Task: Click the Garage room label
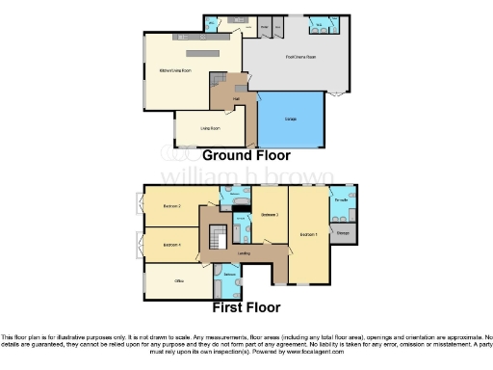pyautogui.click(x=290, y=119)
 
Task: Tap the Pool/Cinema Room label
pyautogui.click(x=300, y=57)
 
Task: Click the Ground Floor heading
pyautogui.click(x=245, y=154)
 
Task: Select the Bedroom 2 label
pyautogui.click(x=172, y=206)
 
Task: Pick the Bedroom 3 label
pyautogui.click(x=270, y=216)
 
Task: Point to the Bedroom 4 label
pyautogui.click(x=172, y=245)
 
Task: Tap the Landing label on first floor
pyautogui.click(x=245, y=254)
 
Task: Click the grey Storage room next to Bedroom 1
pyautogui.click(x=343, y=232)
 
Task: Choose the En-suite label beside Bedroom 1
pyautogui.click(x=340, y=200)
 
